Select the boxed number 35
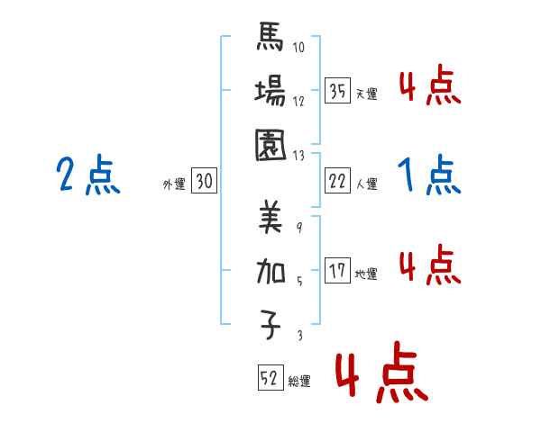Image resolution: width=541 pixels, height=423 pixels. click(336, 91)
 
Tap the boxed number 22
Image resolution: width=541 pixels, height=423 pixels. click(336, 182)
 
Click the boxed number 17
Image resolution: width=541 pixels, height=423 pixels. click(336, 271)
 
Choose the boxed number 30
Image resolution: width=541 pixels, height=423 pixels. click(204, 182)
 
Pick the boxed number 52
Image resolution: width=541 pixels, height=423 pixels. click(269, 379)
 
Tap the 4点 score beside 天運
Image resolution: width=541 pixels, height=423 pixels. click(429, 88)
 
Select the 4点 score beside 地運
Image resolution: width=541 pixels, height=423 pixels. click(429, 266)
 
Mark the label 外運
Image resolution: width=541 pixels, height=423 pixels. click(174, 184)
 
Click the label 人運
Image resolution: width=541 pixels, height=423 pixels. click(367, 184)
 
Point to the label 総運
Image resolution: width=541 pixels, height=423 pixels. click(299, 382)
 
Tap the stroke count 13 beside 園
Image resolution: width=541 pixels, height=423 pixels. click(300, 154)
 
